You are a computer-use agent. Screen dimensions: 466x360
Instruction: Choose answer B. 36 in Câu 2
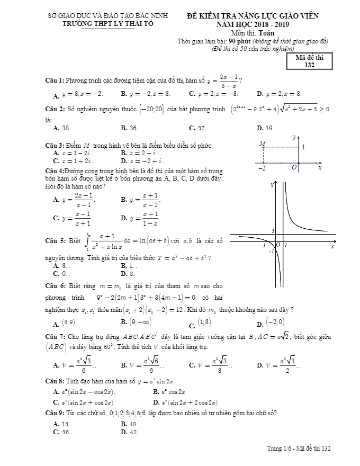129,128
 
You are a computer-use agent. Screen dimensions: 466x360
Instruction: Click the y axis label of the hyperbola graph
272,185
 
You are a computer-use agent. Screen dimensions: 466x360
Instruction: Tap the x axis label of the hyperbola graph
332,246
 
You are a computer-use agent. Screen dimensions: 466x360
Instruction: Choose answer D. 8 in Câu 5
128,274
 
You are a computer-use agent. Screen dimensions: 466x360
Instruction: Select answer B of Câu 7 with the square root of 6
139,365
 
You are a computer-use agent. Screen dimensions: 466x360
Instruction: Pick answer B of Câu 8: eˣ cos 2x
169,392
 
